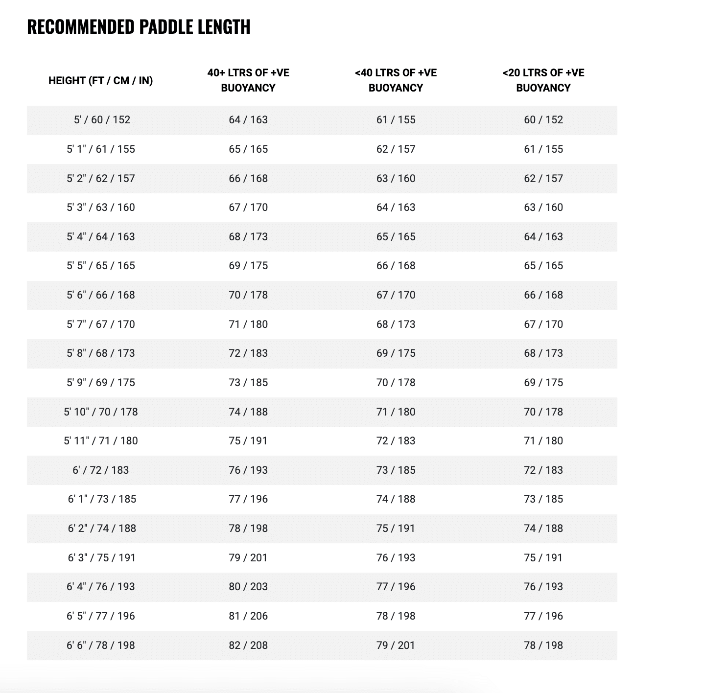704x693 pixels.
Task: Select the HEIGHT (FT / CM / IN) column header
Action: point(100,81)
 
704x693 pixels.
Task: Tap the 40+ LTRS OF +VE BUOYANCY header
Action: point(248,80)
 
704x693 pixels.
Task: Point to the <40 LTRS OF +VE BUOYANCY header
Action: point(396,80)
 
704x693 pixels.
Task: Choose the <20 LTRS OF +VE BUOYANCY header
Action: point(543,80)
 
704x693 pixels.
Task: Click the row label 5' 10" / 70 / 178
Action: point(101,412)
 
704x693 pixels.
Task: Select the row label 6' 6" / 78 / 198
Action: point(101,645)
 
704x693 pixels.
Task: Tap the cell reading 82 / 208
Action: point(248,645)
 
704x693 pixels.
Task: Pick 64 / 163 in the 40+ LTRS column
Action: point(248,120)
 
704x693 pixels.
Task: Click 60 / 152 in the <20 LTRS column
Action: point(543,120)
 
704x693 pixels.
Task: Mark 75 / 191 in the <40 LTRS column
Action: point(396,529)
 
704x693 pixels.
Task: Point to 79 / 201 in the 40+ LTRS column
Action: point(248,557)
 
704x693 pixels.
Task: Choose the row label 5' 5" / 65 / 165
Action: point(101,266)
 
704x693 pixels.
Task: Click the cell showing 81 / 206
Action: point(248,616)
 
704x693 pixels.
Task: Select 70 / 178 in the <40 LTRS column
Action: point(396,383)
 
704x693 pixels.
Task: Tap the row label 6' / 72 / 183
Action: point(101,470)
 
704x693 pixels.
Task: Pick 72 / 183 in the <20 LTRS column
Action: point(543,470)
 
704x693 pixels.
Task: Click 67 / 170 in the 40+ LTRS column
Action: point(248,208)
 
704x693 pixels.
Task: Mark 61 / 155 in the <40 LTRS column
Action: point(396,120)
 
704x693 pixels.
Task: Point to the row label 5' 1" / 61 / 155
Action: point(101,149)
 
